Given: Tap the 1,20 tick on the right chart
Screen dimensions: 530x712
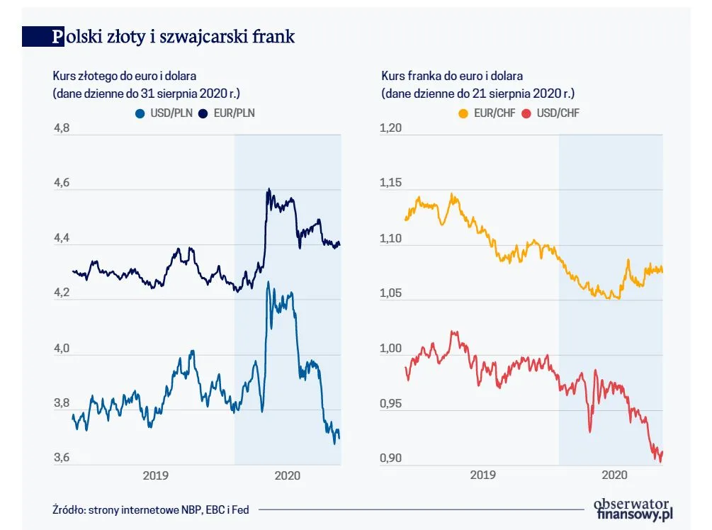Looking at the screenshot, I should click(x=392, y=128).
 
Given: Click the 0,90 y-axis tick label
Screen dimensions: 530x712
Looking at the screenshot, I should click(x=392, y=458).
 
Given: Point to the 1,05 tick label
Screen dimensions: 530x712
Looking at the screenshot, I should click(x=392, y=293).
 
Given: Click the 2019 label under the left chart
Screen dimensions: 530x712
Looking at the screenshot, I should click(x=155, y=475).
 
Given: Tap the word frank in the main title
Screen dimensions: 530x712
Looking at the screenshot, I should click(x=273, y=37).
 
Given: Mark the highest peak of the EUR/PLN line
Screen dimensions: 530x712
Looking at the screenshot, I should click(x=269, y=189).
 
